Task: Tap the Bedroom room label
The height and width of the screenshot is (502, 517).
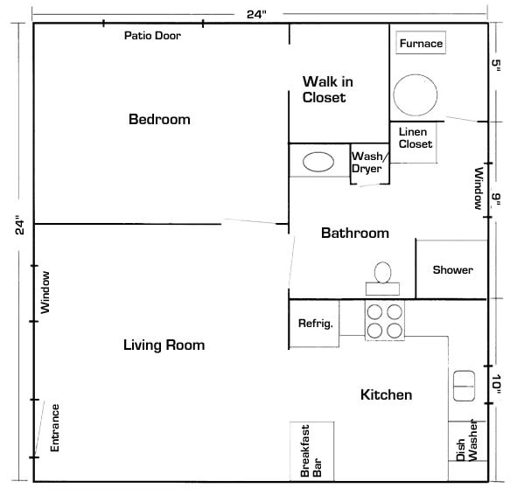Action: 159,119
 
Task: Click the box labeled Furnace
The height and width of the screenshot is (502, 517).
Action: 421,44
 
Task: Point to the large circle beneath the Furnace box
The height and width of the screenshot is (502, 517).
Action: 414,92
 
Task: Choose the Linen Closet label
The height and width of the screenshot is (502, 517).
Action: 415,138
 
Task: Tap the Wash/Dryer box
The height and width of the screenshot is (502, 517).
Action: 368,163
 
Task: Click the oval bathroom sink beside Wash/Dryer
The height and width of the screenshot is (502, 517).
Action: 318,162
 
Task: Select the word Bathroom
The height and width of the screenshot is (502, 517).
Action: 354,233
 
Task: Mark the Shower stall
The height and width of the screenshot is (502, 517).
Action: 452,269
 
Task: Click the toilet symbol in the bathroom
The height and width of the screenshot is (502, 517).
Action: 382,275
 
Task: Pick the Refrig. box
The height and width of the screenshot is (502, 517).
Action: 315,324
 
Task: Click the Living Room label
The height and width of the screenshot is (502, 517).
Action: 164,345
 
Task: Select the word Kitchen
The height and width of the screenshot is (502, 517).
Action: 386,395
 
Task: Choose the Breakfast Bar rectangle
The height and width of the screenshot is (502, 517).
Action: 311,451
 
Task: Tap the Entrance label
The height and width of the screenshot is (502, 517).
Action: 54,427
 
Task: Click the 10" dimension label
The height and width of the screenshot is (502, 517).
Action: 496,385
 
